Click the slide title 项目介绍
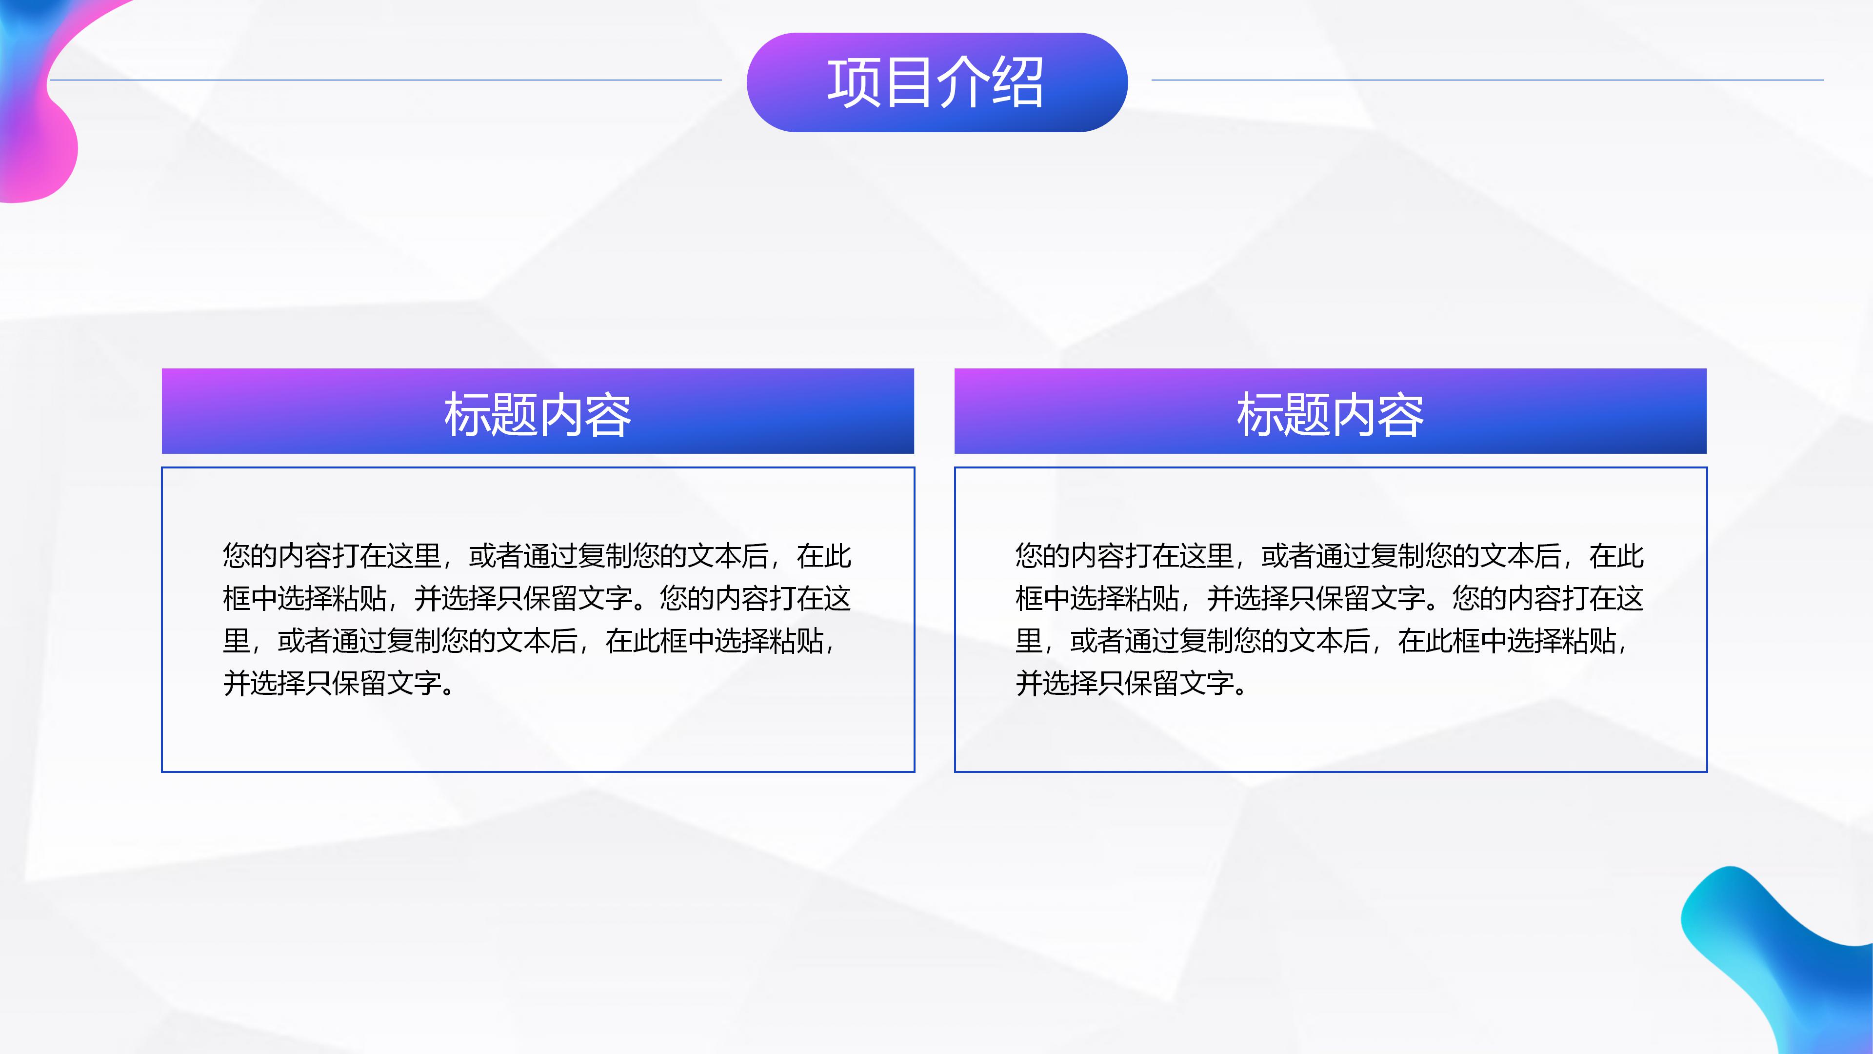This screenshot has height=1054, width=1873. click(x=936, y=82)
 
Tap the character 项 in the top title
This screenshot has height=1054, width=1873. click(x=854, y=82)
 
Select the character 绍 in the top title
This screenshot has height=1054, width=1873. click(x=1018, y=82)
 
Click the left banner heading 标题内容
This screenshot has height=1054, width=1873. click(x=538, y=415)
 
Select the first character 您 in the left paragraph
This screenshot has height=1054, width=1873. click(x=236, y=556)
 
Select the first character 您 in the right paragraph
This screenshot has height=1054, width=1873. click(x=1029, y=556)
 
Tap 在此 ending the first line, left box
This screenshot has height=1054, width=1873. click(x=824, y=556)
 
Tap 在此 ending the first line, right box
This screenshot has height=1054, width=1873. click(x=1616, y=556)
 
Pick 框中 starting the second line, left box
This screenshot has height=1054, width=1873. click(x=250, y=599)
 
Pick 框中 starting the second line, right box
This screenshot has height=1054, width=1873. click(x=1043, y=599)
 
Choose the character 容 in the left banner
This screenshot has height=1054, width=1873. click(x=608, y=415)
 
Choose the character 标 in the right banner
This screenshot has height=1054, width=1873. click(x=1259, y=415)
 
